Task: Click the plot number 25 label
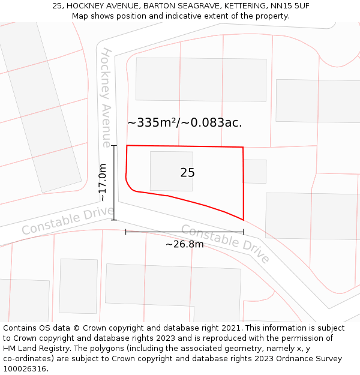[x=187, y=173]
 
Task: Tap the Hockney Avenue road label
[x=106, y=97]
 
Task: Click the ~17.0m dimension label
[x=103, y=182]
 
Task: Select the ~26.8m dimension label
[x=184, y=244]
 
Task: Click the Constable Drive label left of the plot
[x=67, y=220]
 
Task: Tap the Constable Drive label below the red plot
[x=225, y=243]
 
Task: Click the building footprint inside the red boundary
[x=171, y=171]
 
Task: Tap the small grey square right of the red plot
[x=255, y=171]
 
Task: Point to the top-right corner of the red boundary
[x=243, y=147]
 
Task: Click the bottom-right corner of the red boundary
[x=244, y=220]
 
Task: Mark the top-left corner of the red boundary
[x=127, y=145]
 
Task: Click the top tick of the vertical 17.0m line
[x=114, y=145]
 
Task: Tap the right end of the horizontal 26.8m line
[x=243, y=232]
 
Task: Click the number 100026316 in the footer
[x=25, y=368]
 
